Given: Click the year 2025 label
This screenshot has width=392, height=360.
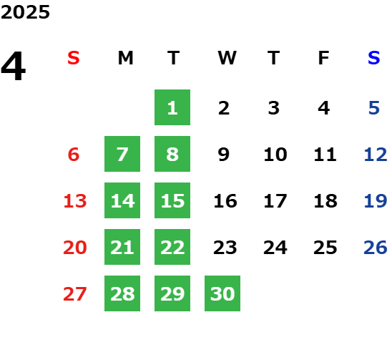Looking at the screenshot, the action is [x=25, y=12].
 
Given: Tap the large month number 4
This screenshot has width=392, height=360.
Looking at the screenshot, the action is [x=14, y=66].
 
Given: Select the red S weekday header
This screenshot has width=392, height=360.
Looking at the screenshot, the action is [x=74, y=58].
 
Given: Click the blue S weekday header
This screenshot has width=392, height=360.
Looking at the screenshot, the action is [x=374, y=58].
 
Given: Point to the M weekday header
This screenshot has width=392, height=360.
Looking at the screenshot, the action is [x=125, y=58].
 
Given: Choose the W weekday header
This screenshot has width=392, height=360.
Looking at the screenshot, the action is [x=227, y=58].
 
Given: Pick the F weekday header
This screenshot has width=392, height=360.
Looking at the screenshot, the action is [x=324, y=58].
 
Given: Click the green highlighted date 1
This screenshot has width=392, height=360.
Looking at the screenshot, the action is [x=172, y=107].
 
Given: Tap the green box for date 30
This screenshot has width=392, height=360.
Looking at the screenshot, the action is [x=222, y=293].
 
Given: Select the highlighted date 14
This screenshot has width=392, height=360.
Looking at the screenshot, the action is [x=122, y=200].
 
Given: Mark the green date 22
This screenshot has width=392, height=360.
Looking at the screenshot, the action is [x=172, y=247].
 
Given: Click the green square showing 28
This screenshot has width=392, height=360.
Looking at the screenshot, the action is [x=122, y=293].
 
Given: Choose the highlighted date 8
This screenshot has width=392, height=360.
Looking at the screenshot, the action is [x=172, y=154].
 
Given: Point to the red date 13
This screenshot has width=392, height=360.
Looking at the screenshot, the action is [x=75, y=200].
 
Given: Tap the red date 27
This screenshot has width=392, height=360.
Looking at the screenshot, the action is [x=75, y=293].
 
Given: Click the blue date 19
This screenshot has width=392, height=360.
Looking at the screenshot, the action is [x=376, y=200].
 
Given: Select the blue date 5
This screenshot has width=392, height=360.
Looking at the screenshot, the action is [x=374, y=108].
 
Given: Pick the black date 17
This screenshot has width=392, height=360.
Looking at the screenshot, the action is [x=275, y=200].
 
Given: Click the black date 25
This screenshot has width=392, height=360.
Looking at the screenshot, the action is [x=325, y=247].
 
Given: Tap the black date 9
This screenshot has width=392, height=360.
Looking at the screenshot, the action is [x=224, y=154].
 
